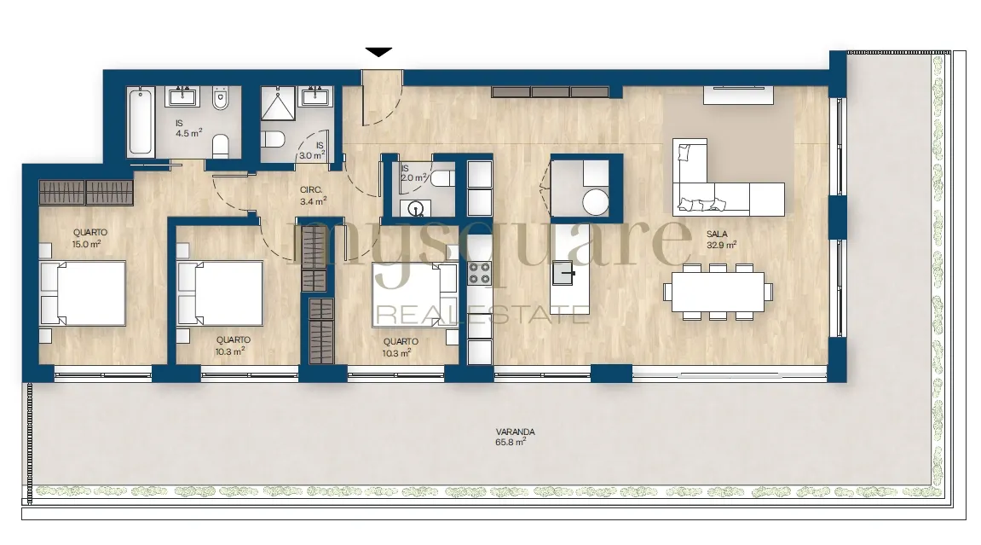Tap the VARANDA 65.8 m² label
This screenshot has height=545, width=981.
[x=515, y=437]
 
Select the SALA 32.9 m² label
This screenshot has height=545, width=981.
[x=721, y=240]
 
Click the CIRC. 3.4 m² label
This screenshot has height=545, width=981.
[x=313, y=195]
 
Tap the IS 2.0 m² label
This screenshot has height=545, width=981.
[x=413, y=173]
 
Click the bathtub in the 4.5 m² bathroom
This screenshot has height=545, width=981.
[x=140, y=121]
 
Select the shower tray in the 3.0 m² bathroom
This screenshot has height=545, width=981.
[x=277, y=102]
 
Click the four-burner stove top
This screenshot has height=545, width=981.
[x=480, y=273]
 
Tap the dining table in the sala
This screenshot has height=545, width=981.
[x=718, y=292]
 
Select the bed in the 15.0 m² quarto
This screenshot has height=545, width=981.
[x=83, y=293]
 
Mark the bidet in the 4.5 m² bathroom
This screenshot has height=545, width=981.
[x=221, y=98]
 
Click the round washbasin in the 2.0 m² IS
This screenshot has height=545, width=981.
[x=415, y=208]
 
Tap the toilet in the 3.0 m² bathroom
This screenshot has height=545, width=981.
[x=273, y=139]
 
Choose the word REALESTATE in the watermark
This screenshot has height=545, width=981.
[x=481, y=314]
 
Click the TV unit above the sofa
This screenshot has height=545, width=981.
[x=739, y=96]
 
